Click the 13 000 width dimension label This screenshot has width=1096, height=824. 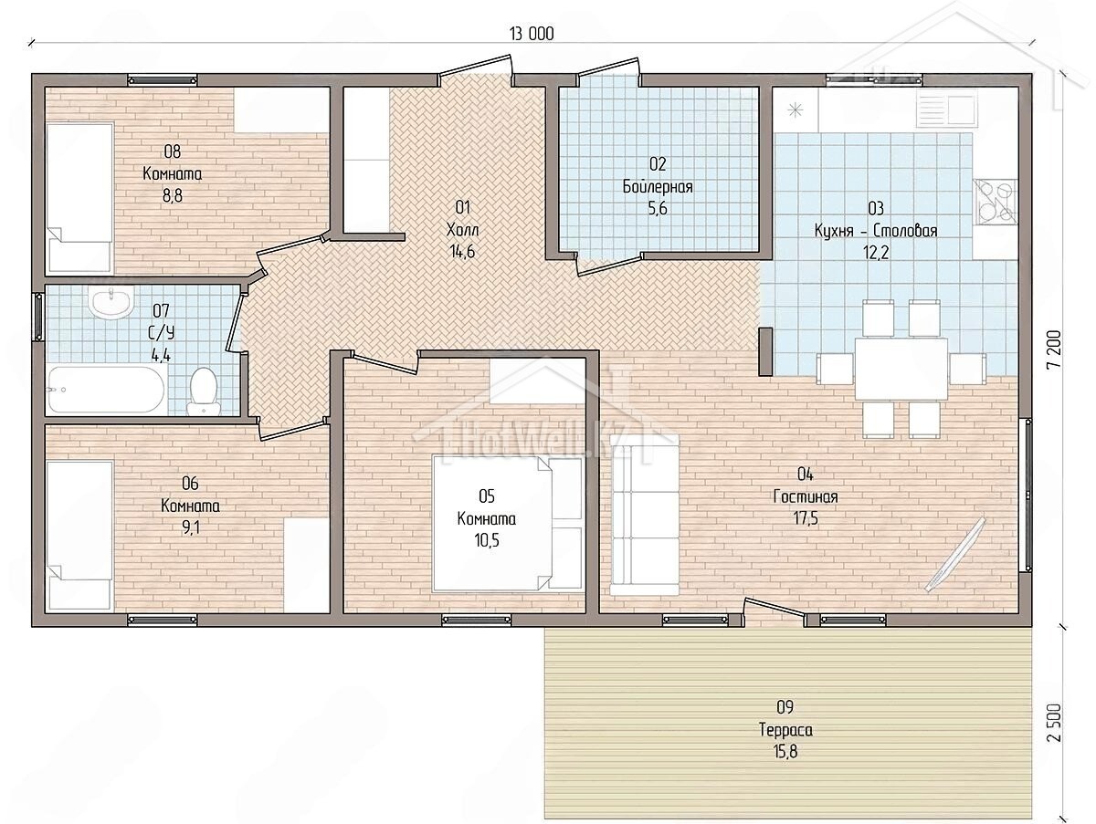pyautogui.click(x=532, y=34)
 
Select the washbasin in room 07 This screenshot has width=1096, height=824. pyautogui.click(x=111, y=301)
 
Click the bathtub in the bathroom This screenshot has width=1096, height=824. pyautogui.click(x=105, y=390)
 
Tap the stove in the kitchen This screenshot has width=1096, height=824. pyautogui.click(x=996, y=202)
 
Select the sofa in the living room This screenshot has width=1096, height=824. pyautogui.click(x=644, y=515)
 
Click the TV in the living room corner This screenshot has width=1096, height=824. pyautogui.click(x=955, y=554)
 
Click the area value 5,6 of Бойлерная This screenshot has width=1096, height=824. pyautogui.click(x=657, y=208)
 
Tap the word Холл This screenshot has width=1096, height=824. pyautogui.click(x=462, y=230)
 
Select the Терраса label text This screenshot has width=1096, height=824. pyautogui.click(x=785, y=730)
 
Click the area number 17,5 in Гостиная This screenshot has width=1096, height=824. pyautogui.click(x=806, y=518)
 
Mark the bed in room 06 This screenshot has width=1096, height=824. pyautogui.click(x=79, y=536)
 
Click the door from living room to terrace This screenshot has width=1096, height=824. pyautogui.click(x=774, y=612)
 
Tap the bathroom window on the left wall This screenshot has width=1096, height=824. pyautogui.click(x=38, y=318)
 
